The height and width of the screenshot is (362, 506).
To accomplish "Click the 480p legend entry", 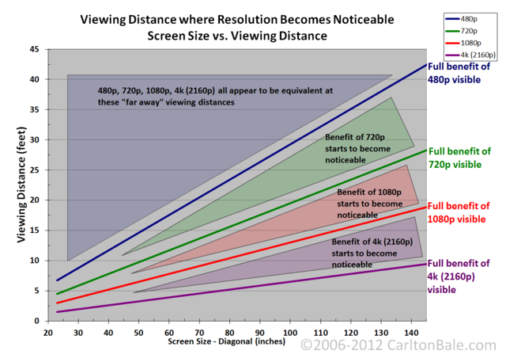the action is [462, 19].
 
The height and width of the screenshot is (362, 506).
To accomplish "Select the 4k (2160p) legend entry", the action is [470, 55].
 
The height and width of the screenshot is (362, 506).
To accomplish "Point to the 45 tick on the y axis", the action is [34, 49].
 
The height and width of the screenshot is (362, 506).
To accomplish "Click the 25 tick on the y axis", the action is [34, 170].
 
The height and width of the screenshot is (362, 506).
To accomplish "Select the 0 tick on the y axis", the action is [37, 321].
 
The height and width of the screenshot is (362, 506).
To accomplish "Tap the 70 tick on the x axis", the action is [199, 333].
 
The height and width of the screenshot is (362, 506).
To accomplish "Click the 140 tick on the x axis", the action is [411, 333].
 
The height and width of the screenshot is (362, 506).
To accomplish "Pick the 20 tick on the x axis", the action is [48, 333].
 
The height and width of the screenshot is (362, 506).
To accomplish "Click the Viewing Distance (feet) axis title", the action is [21, 185].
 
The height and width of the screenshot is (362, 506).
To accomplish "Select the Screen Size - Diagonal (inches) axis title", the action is [227, 341].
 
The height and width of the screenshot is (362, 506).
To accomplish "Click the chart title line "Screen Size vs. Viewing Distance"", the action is [237, 36].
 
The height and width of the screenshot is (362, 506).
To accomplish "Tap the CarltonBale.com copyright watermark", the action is [398, 345].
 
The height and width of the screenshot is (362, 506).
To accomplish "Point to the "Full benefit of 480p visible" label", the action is [459, 73].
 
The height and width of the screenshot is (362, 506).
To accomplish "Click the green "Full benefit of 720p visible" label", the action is [459, 158].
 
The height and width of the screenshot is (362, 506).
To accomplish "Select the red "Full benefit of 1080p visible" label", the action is [459, 212].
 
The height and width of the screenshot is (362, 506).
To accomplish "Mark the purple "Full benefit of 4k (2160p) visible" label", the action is [459, 276].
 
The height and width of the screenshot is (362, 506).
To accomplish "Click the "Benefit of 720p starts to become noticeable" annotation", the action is [357, 149].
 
